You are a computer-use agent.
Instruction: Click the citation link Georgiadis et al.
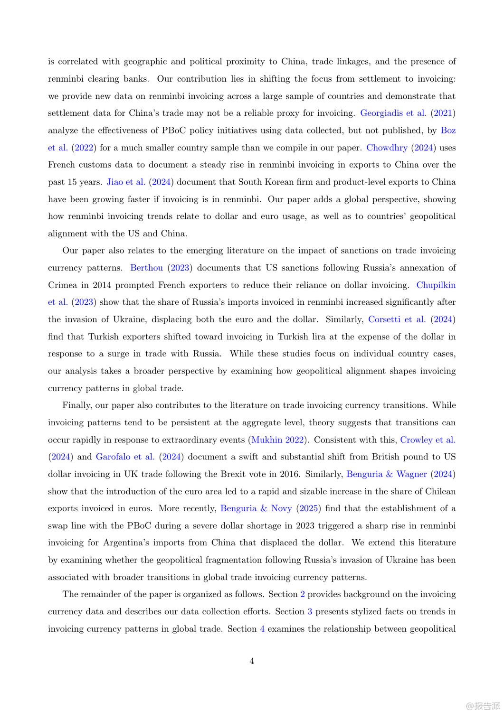(x=393, y=113)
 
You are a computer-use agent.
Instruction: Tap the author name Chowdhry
(x=387, y=148)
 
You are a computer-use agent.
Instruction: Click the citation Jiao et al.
(x=126, y=182)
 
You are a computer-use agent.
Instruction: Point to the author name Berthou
(x=146, y=268)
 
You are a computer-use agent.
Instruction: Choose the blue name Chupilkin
(x=436, y=285)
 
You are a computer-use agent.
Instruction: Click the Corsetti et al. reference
(x=397, y=319)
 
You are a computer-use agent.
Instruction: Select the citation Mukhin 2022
(x=277, y=440)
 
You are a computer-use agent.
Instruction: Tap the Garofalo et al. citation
(x=125, y=457)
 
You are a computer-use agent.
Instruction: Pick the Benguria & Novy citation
(x=256, y=508)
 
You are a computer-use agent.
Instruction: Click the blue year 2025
(x=308, y=508)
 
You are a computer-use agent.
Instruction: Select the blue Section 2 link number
(x=303, y=594)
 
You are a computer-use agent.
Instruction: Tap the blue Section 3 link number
(x=310, y=611)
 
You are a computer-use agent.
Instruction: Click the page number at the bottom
(x=252, y=661)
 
